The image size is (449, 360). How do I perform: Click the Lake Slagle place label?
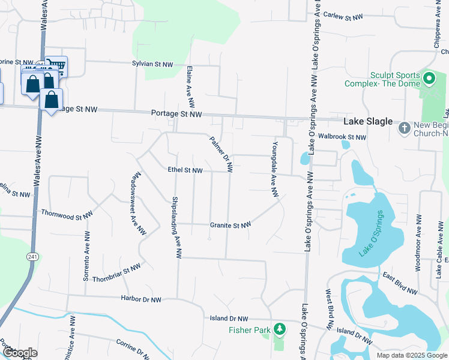(367, 121)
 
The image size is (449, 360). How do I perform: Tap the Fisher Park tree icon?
(279, 329)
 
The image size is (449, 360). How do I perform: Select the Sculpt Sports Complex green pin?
(429, 78)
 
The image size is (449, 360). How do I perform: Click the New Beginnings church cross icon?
(405, 127)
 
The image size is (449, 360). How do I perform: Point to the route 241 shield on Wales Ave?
(30, 256)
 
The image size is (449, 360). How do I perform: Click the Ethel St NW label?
(185, 170)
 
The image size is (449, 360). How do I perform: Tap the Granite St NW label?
(230, 226)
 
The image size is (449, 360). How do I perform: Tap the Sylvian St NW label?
(152, 64)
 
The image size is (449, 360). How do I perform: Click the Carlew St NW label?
(343, 17)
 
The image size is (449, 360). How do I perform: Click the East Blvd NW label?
(399, 283)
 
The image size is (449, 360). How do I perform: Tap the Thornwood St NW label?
(67, 213)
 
